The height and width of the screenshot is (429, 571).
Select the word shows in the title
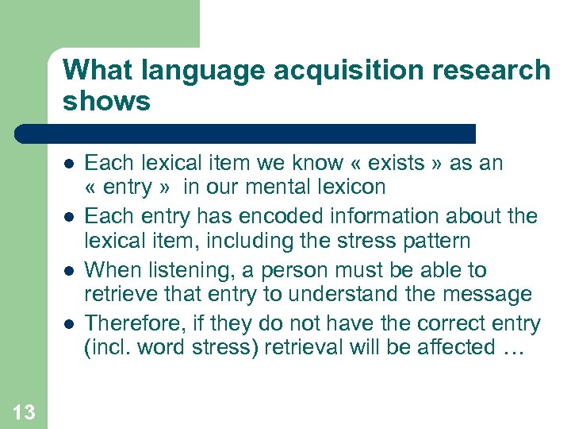pyautogui.click(x=106, y=101)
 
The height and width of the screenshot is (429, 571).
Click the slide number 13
pyautogui.click(x=24, y=411)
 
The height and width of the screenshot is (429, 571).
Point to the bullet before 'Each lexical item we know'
pyautogui.click(x=69, y=164)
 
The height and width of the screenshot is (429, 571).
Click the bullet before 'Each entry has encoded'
pyautogui.click(x=69, y=216)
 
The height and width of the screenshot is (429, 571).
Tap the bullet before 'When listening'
pyautogui.click(x=69, y=270)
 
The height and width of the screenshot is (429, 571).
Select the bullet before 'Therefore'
pyautogui.click(x=69, y=323)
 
